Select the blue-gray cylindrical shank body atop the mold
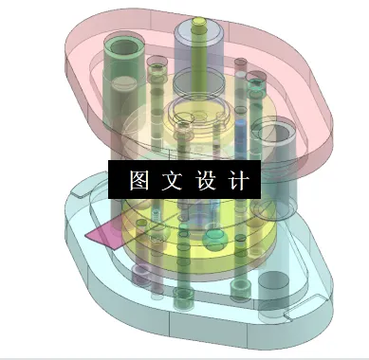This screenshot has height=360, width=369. click(197, 57)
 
